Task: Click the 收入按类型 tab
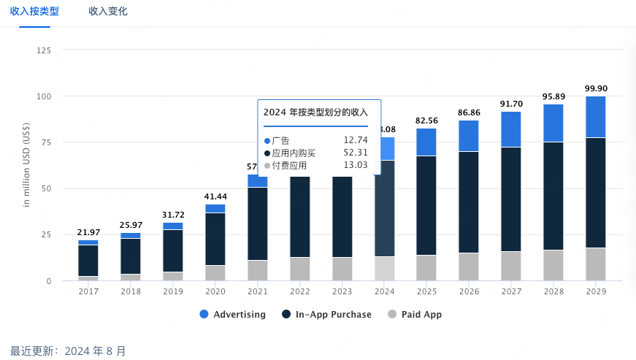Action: pyautogui.click(x=34, y=12)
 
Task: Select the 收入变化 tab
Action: pyautogui.click(x=108, y=12)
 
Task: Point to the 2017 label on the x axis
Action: pyautogui.click(x=88, y=291)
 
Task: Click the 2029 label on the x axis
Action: pyautogui.click(x=596, y=291)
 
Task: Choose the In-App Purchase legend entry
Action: pyautogui.click(x=326, y=315)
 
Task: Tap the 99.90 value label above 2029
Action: pyautogui.click(x=596, y=88)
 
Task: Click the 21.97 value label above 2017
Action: pyautogui.click(x=88, y=232)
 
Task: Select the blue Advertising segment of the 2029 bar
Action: pyautogui.click(x=596, y=117)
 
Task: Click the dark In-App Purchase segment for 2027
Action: pyautogui.click(x=511, y=199)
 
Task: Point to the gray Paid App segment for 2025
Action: pyautogui.click(x=426, y=268)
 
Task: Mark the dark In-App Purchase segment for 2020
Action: pyautogui.click(x=215, y=239)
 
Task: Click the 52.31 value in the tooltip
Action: pyautogui.click(x=356, y=153)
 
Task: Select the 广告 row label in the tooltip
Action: pyautogui.click(x=280, y=140)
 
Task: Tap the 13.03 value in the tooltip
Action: pyautogui.click(x=356, y=165)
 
